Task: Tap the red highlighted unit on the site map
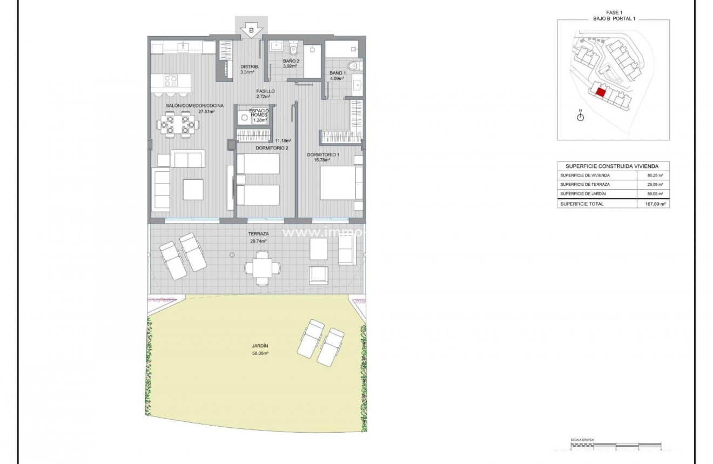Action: [x=600, y=92]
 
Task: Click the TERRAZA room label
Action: [x=258, y=234]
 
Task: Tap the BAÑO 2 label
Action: [x=291, y=62]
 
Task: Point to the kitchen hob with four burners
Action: [x=170, y=81]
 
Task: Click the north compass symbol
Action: [x=581, y=117]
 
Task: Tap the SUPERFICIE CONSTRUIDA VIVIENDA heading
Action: [x=613, y=166]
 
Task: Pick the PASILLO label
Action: [x=265, y=91]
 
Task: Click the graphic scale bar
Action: [x=616, y=448]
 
